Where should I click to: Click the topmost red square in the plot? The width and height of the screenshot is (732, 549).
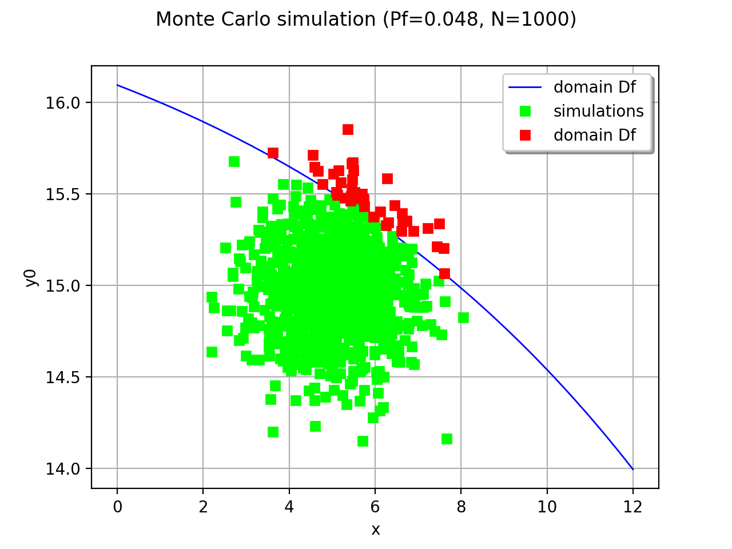coord(348,129)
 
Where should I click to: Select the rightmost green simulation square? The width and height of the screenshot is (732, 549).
coord(463,317)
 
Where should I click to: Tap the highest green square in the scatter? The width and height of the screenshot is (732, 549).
coord(234,161)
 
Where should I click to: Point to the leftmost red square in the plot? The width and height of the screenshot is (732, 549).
coord(273,153)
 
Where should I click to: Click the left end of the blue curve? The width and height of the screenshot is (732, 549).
coord(117,85)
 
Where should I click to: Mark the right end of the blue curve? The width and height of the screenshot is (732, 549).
coord(633,470)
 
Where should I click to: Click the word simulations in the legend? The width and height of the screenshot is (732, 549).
coord(598,111)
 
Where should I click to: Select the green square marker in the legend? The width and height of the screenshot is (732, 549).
coord(525,111)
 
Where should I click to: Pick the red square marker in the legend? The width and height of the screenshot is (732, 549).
coord(525,135)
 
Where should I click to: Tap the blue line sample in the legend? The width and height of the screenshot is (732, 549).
coord(525,87)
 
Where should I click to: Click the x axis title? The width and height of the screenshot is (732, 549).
coord(375,530)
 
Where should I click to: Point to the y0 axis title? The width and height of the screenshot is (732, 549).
coord(31,277)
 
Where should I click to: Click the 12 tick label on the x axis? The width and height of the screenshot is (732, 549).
coord(633,507)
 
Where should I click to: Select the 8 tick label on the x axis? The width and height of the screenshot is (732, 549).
coord(461,507)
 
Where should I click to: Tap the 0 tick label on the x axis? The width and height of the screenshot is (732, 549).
coord(117,507)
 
